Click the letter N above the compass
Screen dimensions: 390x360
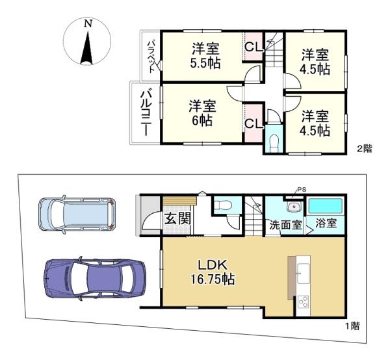[x=88, y=23]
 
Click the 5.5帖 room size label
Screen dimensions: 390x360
[x=205, y=64]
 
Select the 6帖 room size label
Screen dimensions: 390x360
[x=202, y=121]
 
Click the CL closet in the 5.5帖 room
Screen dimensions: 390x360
[x=253, y=47]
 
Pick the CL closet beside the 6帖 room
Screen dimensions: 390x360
[x=253, y=123]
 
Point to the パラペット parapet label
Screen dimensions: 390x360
[x=151, y=57]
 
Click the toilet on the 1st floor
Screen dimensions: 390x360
[x=223, y=205]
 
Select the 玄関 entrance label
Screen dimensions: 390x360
[x=178, y=218]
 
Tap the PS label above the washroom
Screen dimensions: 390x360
[x=301, y=190]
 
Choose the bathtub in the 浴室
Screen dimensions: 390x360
[x=326, y=207]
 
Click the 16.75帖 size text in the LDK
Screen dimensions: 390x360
[x=213, y=279]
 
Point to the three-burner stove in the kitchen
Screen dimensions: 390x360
[x=304, y=302]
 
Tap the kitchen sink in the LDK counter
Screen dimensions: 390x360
[x=303, y=273]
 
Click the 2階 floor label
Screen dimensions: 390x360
[x=365, y=149]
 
